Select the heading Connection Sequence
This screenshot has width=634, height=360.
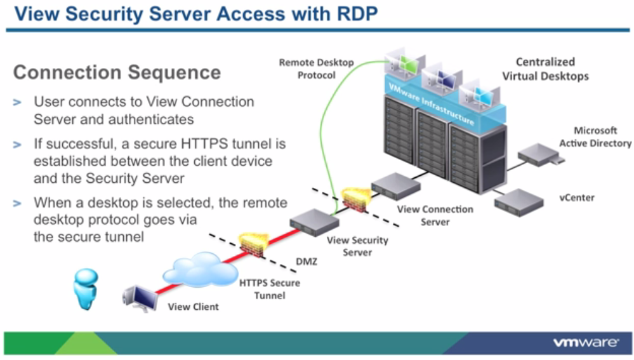(117, 72)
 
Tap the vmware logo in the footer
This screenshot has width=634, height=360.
(584, 343)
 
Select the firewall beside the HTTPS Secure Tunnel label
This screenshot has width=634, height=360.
(252, 245)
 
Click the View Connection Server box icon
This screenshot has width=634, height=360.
(395, 184)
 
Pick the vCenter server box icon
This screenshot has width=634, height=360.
(520, 202)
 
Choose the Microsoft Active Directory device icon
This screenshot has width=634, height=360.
(539, 154)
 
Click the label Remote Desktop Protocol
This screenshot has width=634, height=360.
(316, 69)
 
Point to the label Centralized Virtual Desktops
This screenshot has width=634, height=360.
(545, 69)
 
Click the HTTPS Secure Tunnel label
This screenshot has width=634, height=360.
(269, 289)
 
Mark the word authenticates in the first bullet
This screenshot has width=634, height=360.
(154, 119)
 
